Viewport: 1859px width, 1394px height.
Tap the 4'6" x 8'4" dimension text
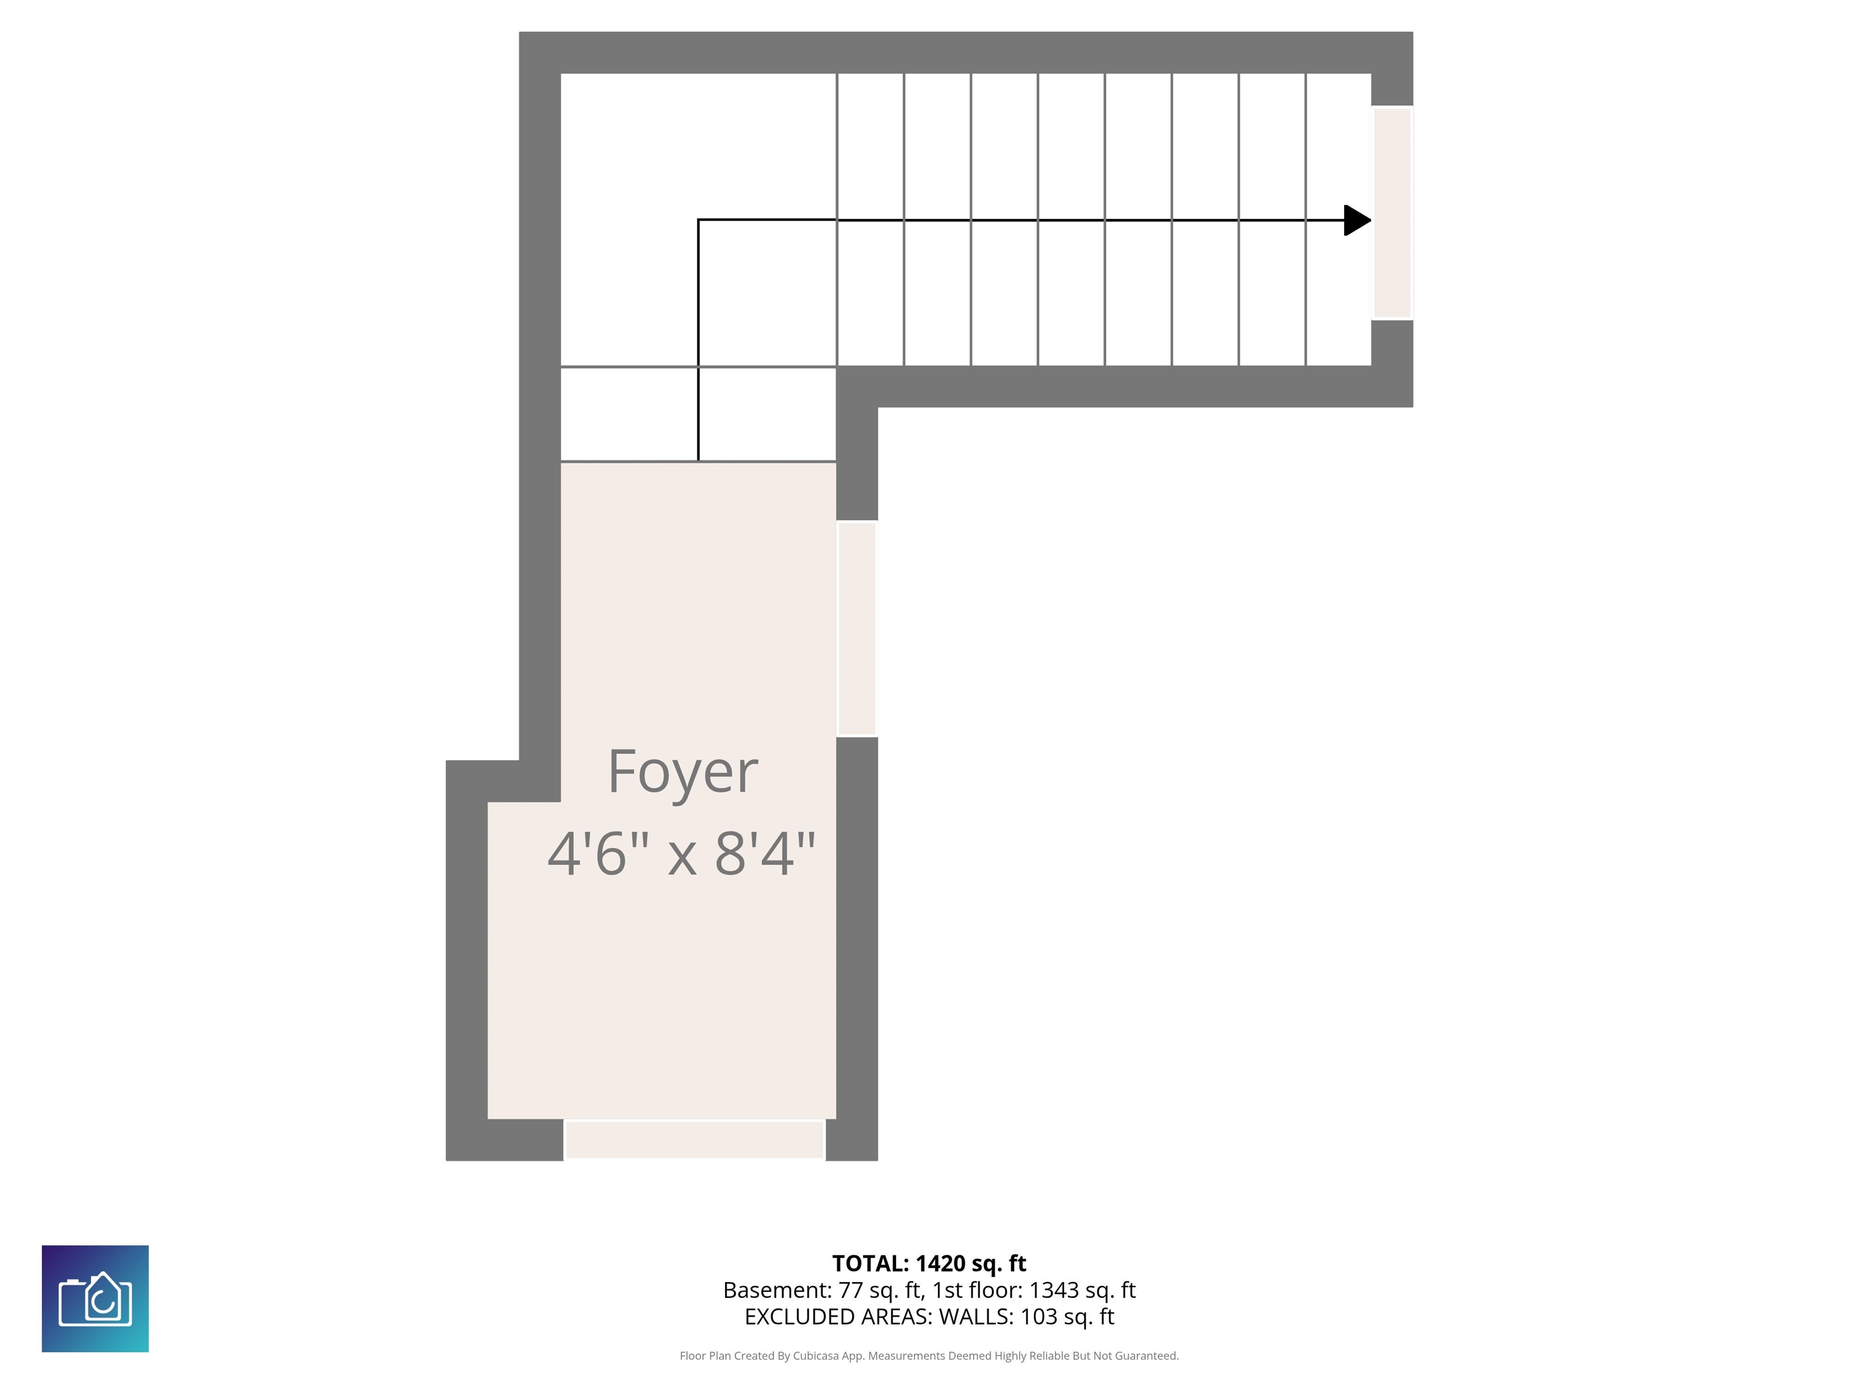point(681,854)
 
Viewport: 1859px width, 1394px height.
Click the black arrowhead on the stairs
point(1357,220)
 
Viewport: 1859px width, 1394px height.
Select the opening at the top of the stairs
point(1392,212)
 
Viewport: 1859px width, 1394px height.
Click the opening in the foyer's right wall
point(856,629)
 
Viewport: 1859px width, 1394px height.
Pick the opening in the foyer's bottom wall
point(694,1139)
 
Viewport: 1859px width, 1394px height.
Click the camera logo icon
point(95,1298)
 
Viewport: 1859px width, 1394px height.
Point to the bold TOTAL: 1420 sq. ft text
point(929,1263)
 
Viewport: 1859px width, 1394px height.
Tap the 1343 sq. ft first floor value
point(1083,1290)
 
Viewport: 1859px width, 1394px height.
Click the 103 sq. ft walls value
point(1067,1317)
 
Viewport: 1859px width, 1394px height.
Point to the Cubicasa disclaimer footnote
point(929,1355)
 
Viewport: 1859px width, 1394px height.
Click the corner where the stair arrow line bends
point(698,220)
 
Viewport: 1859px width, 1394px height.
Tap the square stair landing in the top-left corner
point(698,220)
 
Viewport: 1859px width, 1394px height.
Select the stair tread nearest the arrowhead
point(1339,220)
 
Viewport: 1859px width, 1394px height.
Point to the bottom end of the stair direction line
point(698,460)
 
